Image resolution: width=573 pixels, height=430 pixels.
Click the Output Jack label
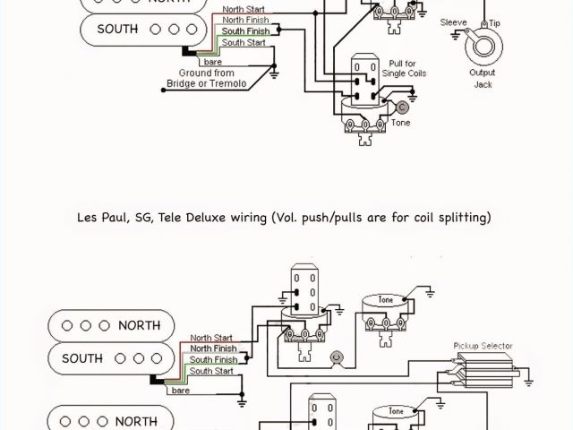483,78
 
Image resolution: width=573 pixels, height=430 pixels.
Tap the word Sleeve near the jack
453,21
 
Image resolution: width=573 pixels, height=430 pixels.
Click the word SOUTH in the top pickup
117,29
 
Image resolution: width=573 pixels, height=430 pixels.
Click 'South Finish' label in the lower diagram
212,359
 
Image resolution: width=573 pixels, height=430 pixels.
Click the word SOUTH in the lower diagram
83,358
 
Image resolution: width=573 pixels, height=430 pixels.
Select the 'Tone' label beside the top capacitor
400,123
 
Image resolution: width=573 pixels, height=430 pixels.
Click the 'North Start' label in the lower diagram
212,338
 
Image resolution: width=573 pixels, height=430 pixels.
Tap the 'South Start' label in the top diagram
243,42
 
